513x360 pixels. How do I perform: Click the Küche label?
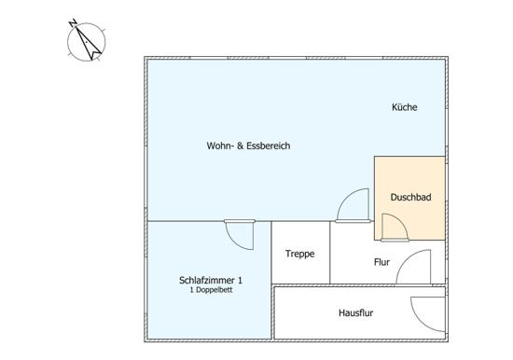405,107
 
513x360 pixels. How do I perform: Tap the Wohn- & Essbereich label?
248,145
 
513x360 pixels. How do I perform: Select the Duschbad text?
411,198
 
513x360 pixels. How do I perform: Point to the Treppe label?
299,254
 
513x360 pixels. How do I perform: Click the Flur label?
381,262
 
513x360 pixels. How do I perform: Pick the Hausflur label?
355,312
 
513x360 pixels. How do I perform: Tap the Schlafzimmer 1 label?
211,280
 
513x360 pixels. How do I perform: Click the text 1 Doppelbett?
211,290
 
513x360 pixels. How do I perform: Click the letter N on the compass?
73,23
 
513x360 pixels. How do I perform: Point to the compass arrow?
89,43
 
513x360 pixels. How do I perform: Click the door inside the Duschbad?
395,228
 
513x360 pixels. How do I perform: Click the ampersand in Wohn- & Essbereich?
241,145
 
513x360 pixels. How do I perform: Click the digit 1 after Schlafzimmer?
240,280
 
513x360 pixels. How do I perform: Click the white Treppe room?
300,253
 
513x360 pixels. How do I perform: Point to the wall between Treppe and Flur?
330,253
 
